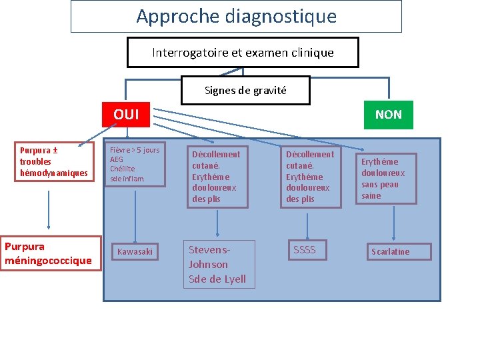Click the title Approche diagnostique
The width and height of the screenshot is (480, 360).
pos(236,16)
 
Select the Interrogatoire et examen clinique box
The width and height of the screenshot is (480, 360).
pos(243,52)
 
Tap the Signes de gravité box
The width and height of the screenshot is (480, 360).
pos(245,90)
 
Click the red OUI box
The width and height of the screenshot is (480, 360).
pos(126,115)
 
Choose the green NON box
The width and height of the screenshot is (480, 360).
pos(388,115)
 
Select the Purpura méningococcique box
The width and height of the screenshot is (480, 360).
pos(50,253)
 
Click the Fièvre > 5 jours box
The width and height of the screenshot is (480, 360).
pos(136,165)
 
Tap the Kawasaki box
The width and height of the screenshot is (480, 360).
pos(135,251)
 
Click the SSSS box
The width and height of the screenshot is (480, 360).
pos(305,250)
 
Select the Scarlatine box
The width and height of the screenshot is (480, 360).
pos(391,251)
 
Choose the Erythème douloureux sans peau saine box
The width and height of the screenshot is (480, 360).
pos(385,178)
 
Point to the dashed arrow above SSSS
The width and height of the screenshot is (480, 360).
pos(307,224)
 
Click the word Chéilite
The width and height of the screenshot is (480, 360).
pos(122,169)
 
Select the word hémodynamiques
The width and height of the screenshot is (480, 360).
pos(53,173)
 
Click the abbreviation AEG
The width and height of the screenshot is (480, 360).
pos(117,160)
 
